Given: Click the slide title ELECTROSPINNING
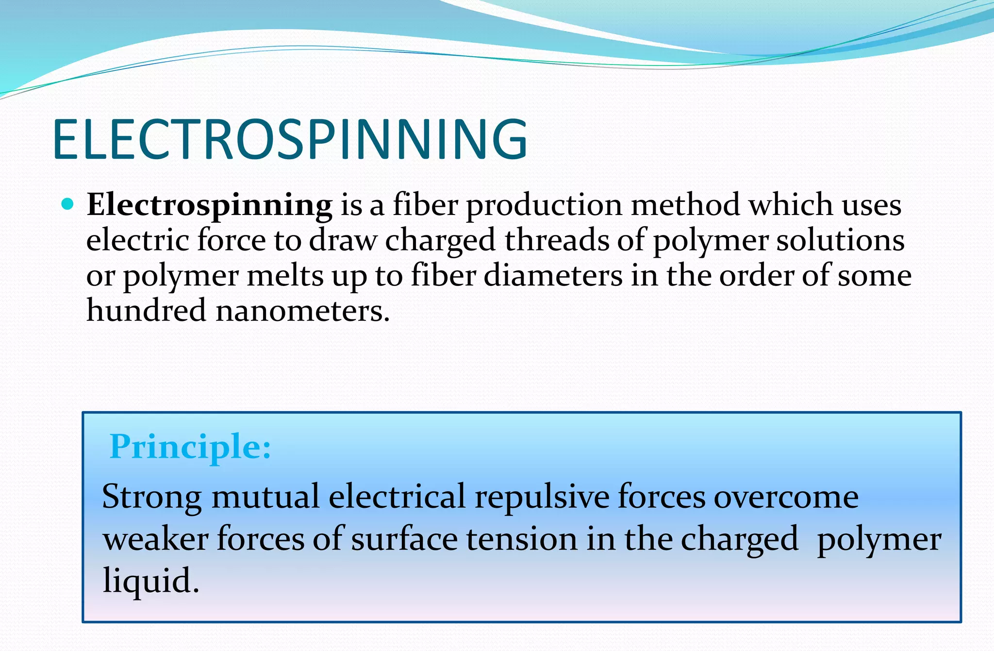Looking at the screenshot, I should click(290, 140).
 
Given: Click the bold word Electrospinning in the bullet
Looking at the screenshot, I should click(209, 205).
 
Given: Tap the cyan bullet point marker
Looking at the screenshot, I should click(68, 204).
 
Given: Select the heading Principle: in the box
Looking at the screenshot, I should click(190, 447).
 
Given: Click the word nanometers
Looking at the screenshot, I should click(302, 311).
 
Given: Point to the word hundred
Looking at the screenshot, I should click(146, 311).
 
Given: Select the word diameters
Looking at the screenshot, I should click(553, 276).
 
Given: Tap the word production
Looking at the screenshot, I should click(544, 205).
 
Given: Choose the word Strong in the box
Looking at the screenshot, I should click(151, 497).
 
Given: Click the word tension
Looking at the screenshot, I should click(522, 539).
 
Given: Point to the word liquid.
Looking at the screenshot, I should click(150, 581).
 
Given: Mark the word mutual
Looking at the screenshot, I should click(265, 497).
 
